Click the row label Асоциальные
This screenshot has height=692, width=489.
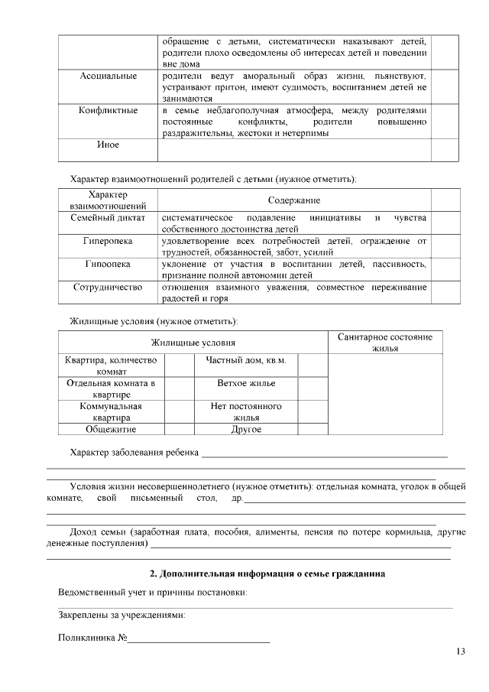(108, 76)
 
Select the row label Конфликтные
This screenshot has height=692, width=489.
(108, 111)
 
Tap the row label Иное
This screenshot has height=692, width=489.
(108, 145)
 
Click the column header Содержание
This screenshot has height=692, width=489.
(293, 200)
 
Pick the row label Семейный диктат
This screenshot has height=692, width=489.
(108, 218)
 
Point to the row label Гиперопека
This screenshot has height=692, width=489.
(108, 241)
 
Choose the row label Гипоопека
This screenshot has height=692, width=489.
(108, 264)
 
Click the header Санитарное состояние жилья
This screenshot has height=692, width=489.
(390, 343)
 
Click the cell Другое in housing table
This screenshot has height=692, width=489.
(246, 429)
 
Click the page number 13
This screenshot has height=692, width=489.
(459, 651)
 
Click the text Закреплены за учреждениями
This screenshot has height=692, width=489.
(122, 615)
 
